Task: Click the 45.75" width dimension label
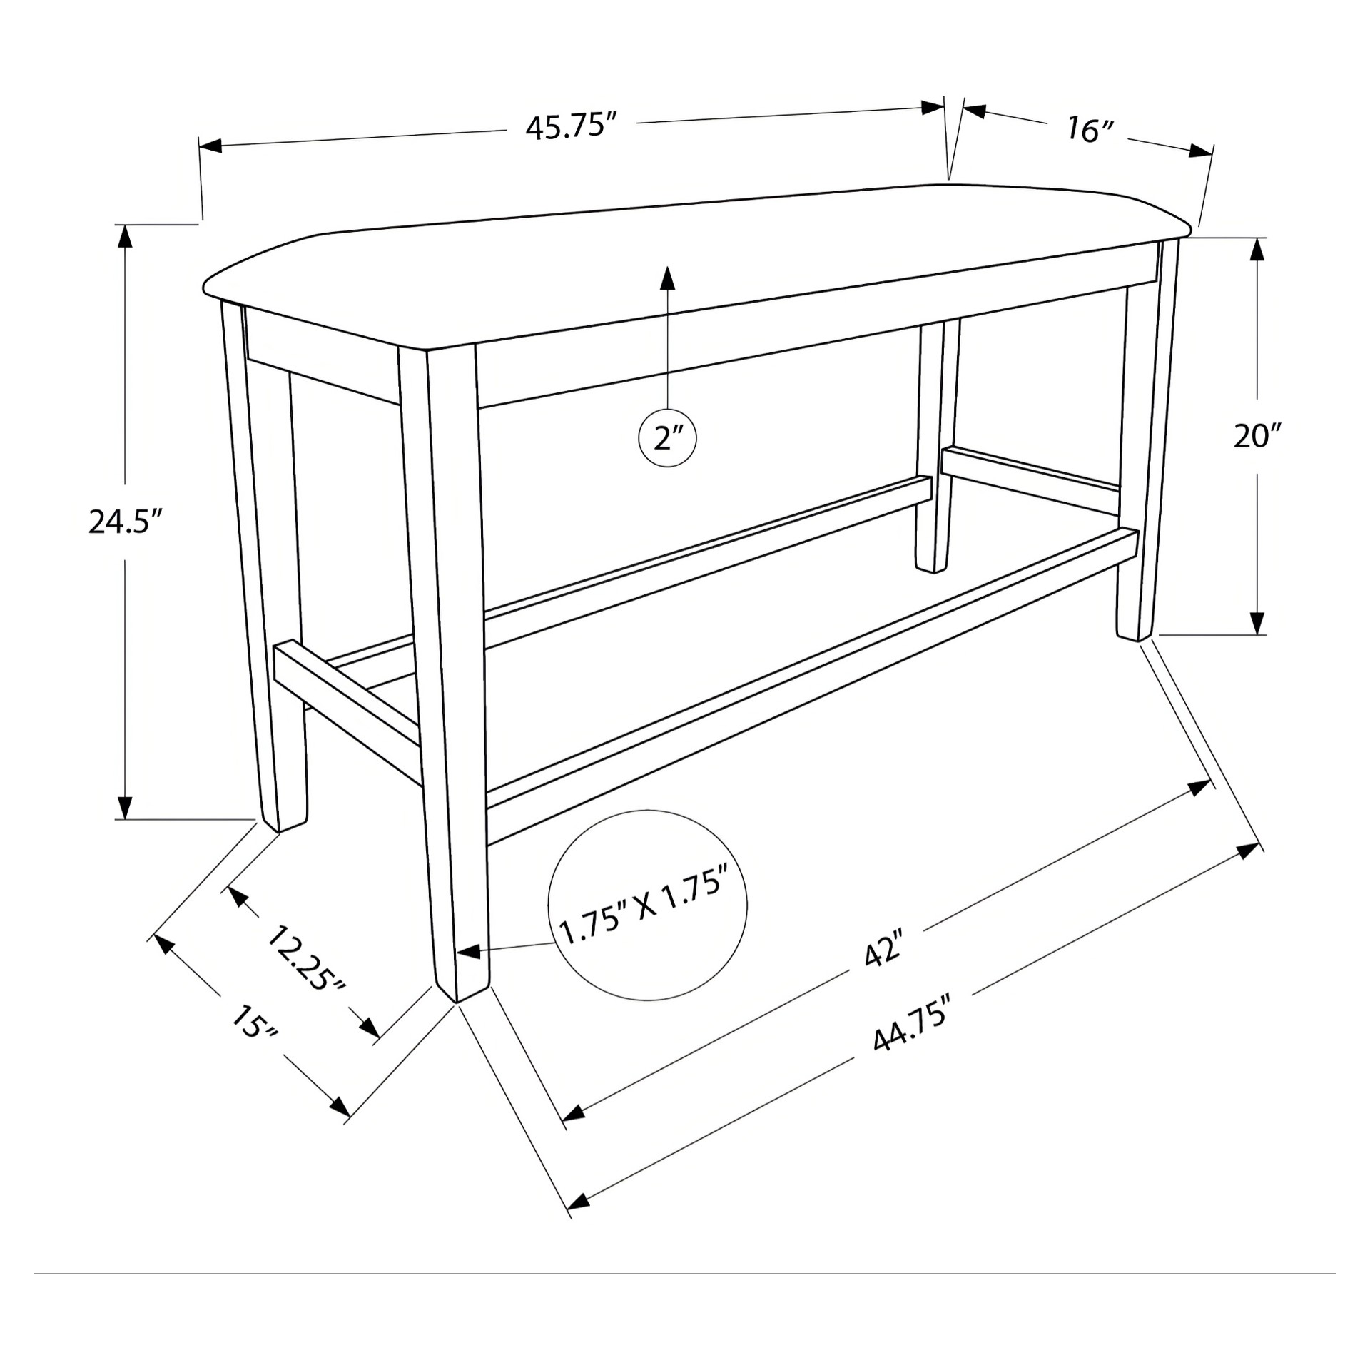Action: [571, 128]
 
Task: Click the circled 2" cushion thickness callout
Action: [667, 437]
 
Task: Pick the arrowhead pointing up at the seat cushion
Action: [667, 278]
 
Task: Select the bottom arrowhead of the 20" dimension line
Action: [1257, 622]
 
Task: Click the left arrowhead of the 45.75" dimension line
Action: [211, 146]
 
